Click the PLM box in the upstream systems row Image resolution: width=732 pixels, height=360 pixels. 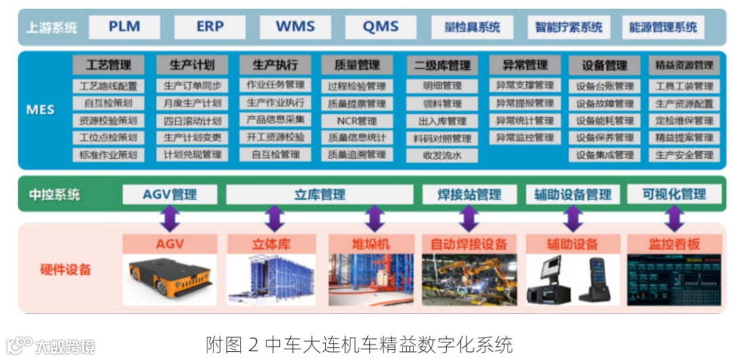[124, 27]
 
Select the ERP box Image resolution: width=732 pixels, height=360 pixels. [210, 27]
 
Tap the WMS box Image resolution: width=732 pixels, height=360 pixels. [296, 27]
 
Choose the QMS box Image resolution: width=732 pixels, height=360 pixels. [380, 27]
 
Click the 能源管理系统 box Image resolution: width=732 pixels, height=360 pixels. [663, 28]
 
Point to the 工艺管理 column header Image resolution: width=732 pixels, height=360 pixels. [108, 65]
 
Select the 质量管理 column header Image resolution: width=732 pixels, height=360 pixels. [357, 65]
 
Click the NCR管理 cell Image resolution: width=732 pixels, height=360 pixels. [357, 121]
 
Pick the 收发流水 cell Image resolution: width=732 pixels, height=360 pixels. [442, 155]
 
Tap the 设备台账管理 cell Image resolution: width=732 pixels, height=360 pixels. [605, 86]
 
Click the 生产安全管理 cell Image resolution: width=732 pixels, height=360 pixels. [684, 155]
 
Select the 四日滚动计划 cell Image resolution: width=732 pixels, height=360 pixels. [192, 121]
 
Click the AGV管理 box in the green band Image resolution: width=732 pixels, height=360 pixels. [170, 195]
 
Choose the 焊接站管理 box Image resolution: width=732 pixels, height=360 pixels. [470, 195]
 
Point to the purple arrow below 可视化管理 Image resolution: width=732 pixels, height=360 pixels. [673, 219]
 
